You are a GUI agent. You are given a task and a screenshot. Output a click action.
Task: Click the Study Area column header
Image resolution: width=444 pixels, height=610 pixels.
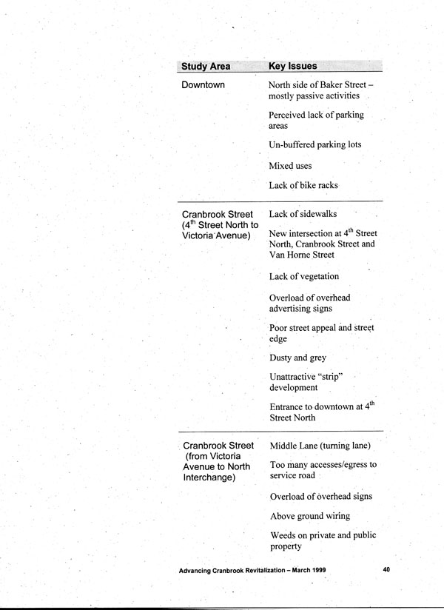click(205, 67)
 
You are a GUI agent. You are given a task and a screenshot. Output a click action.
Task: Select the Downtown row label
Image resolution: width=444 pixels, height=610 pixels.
click(203, 86)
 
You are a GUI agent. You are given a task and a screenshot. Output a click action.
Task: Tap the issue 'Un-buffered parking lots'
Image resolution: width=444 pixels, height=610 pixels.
click(315, 144)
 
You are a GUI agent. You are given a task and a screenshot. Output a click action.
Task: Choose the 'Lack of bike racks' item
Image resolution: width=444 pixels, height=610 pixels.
click(303, 185)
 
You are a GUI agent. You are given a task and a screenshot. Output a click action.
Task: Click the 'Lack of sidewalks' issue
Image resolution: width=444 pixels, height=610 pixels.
click(303, 214)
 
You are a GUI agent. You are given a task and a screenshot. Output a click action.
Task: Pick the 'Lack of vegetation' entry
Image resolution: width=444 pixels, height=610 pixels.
click(304, 276)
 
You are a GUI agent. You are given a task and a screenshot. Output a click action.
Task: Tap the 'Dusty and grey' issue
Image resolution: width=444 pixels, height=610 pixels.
click(297, 358)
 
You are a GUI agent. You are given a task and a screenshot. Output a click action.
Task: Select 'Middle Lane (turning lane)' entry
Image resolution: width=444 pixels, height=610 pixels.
click(320, 446)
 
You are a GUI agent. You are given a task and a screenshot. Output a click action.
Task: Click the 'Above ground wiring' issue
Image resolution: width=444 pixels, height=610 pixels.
click(310, 516)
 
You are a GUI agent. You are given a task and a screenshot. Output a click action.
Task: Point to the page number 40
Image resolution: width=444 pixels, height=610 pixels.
click(386, 569)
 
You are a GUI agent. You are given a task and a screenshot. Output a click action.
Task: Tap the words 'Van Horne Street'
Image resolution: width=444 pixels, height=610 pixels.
click(302, 255)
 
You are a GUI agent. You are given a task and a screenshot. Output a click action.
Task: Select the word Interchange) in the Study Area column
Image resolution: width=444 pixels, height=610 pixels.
click(210, 477)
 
